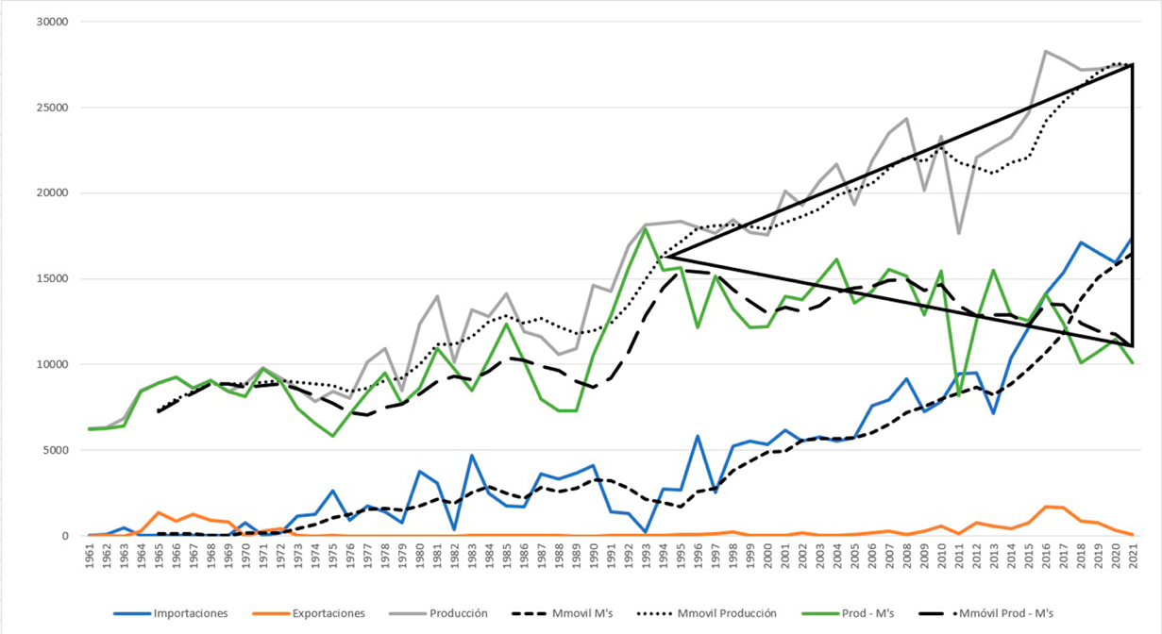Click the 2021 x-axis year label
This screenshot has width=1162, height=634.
(1132, 557)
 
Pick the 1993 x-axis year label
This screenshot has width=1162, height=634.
(646, 557)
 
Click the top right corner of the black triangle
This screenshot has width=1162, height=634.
(1132, 64)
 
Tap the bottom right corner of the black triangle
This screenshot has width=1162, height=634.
(1132, 346)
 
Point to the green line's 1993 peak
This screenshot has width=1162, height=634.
(646, 228)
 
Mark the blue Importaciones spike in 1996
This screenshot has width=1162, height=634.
(698, 436)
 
